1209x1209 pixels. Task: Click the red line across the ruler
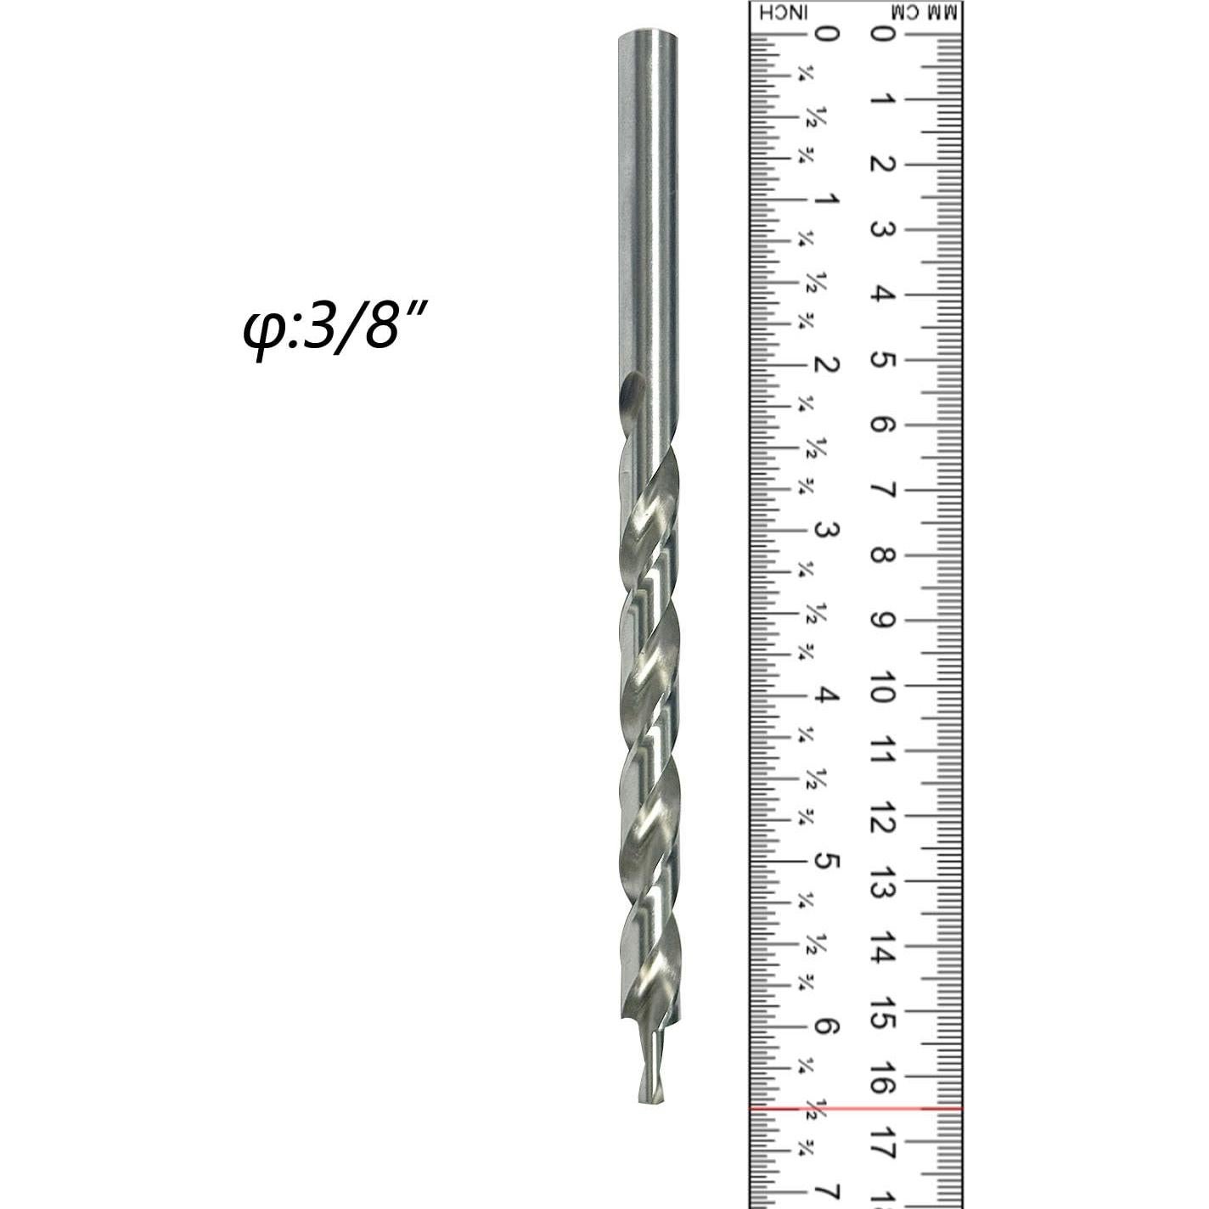tap(856, 1108)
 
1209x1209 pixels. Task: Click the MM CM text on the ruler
tap(925, 13)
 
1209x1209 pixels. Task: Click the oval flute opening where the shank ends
tap(631, 393)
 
